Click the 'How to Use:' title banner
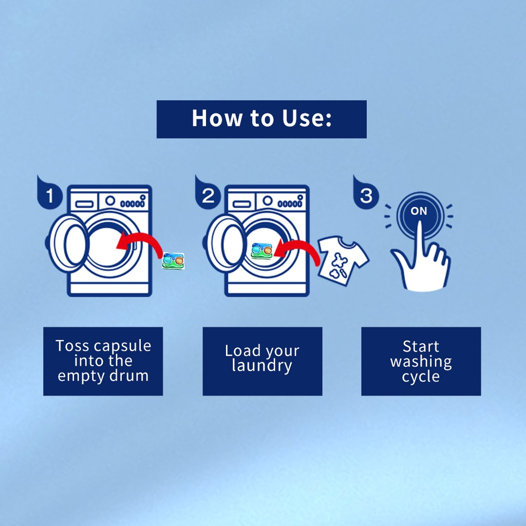pyautogui.click(x=261, y=119)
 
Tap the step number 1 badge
pyautogui.click(x=49, y=196)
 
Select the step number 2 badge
pyautogui.click(x=208, y=196)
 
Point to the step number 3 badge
pyautogui.click(x=365, y=196)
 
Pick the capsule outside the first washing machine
pyautogui.click(x=173, y=260)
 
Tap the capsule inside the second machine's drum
pyautogui.click(x=261, y=250)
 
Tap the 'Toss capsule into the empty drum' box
pyautogui.click(x=103, y=361)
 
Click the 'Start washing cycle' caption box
pyautogui.click(x=421, y=361)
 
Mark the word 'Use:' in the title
pyautogui.click(x=306, y=118)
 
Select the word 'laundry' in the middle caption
pyautogui.click(x=261, y=366)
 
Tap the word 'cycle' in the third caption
pyautogui.click(x=421, y=377)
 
